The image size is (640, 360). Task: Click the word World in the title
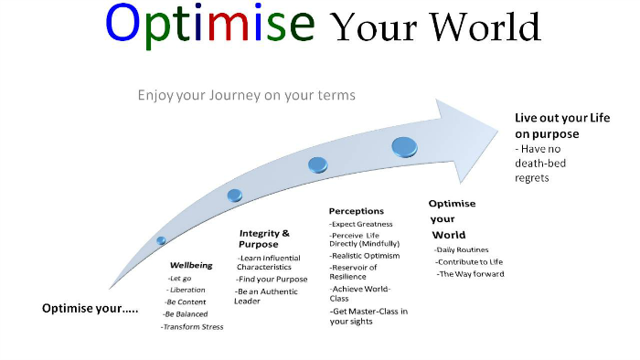(x=485, y=27)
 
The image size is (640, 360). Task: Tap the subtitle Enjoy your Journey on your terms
(x=246, y=94)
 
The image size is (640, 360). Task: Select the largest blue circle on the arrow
(x=405, y=146)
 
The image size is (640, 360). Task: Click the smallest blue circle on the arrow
(x=161, y=240)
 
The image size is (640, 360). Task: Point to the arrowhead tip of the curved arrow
(x=505, y=126)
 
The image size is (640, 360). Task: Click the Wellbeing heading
(x=191, y=265)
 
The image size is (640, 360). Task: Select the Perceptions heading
(x=357, y=211)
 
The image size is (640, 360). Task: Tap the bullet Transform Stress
(x=194, y=326)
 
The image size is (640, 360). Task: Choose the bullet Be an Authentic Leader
(x=264, y=295)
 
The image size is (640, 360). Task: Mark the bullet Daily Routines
(x=463, y=249)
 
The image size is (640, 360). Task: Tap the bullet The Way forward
(x=471, y=274)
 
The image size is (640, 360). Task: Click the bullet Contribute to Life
(x=469, y=262)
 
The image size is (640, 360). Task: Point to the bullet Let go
(x=179, y=277)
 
